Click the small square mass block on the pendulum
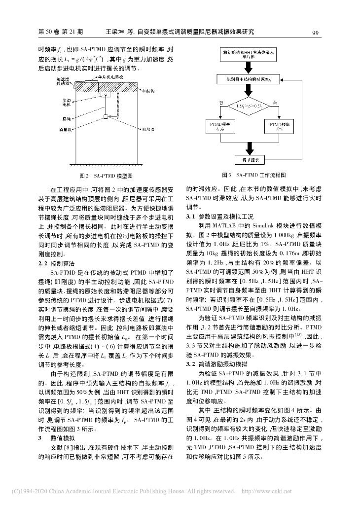click(x=106, y=116)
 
